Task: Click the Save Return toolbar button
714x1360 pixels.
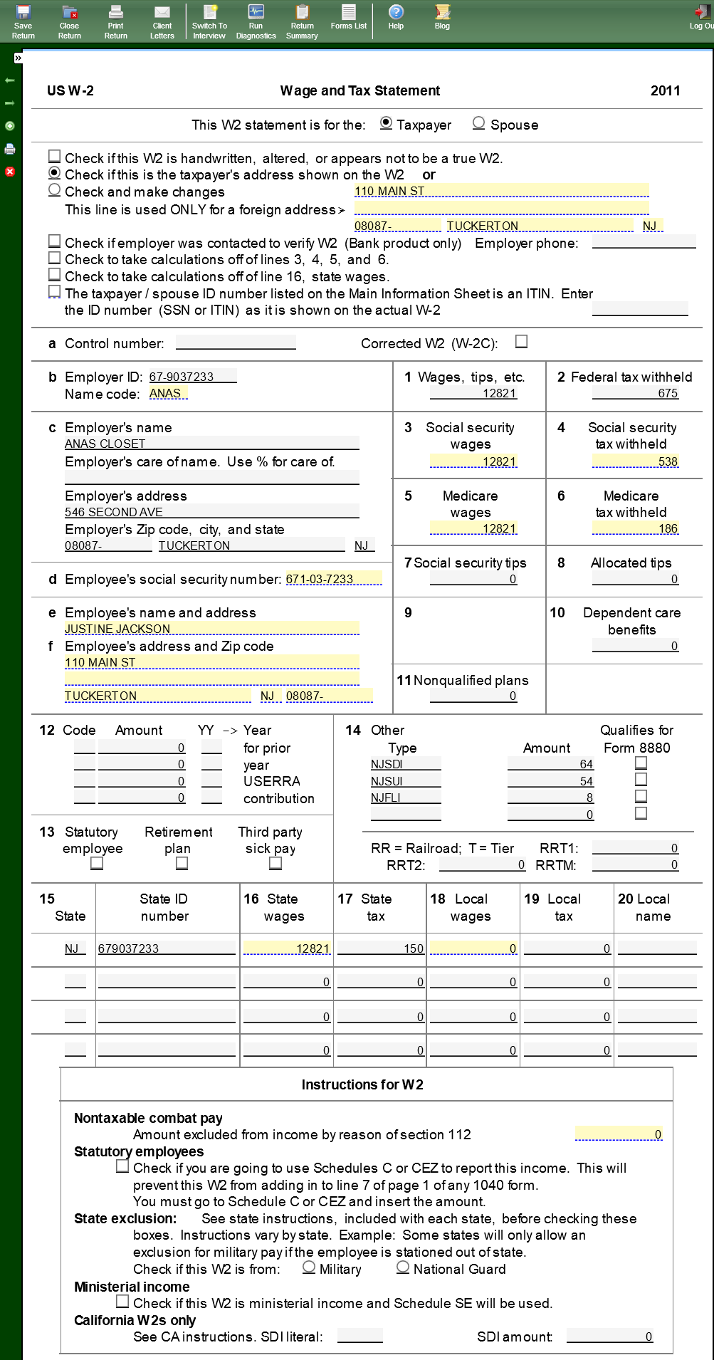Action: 23,21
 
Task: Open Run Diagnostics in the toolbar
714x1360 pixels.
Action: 256,21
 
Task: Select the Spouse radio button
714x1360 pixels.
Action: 479,123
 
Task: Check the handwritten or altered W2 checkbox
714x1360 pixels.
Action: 55,156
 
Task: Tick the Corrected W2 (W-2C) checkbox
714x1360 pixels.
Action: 522,342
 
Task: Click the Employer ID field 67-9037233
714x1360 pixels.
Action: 192,377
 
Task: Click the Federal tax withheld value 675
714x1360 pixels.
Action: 635,393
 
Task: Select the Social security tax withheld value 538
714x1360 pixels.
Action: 635,461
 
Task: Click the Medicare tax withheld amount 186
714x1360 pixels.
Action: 635,528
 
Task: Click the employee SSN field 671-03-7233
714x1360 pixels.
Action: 333,579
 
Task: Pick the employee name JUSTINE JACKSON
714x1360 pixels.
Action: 211,629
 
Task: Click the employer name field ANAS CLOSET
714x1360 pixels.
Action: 211,444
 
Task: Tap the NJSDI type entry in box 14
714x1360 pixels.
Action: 405,764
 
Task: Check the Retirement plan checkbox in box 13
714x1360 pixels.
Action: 182,863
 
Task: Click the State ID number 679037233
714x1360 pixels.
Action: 167,948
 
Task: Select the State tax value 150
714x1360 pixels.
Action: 381,948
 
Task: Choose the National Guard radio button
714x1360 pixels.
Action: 403,1267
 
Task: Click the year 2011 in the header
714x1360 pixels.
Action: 665,90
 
